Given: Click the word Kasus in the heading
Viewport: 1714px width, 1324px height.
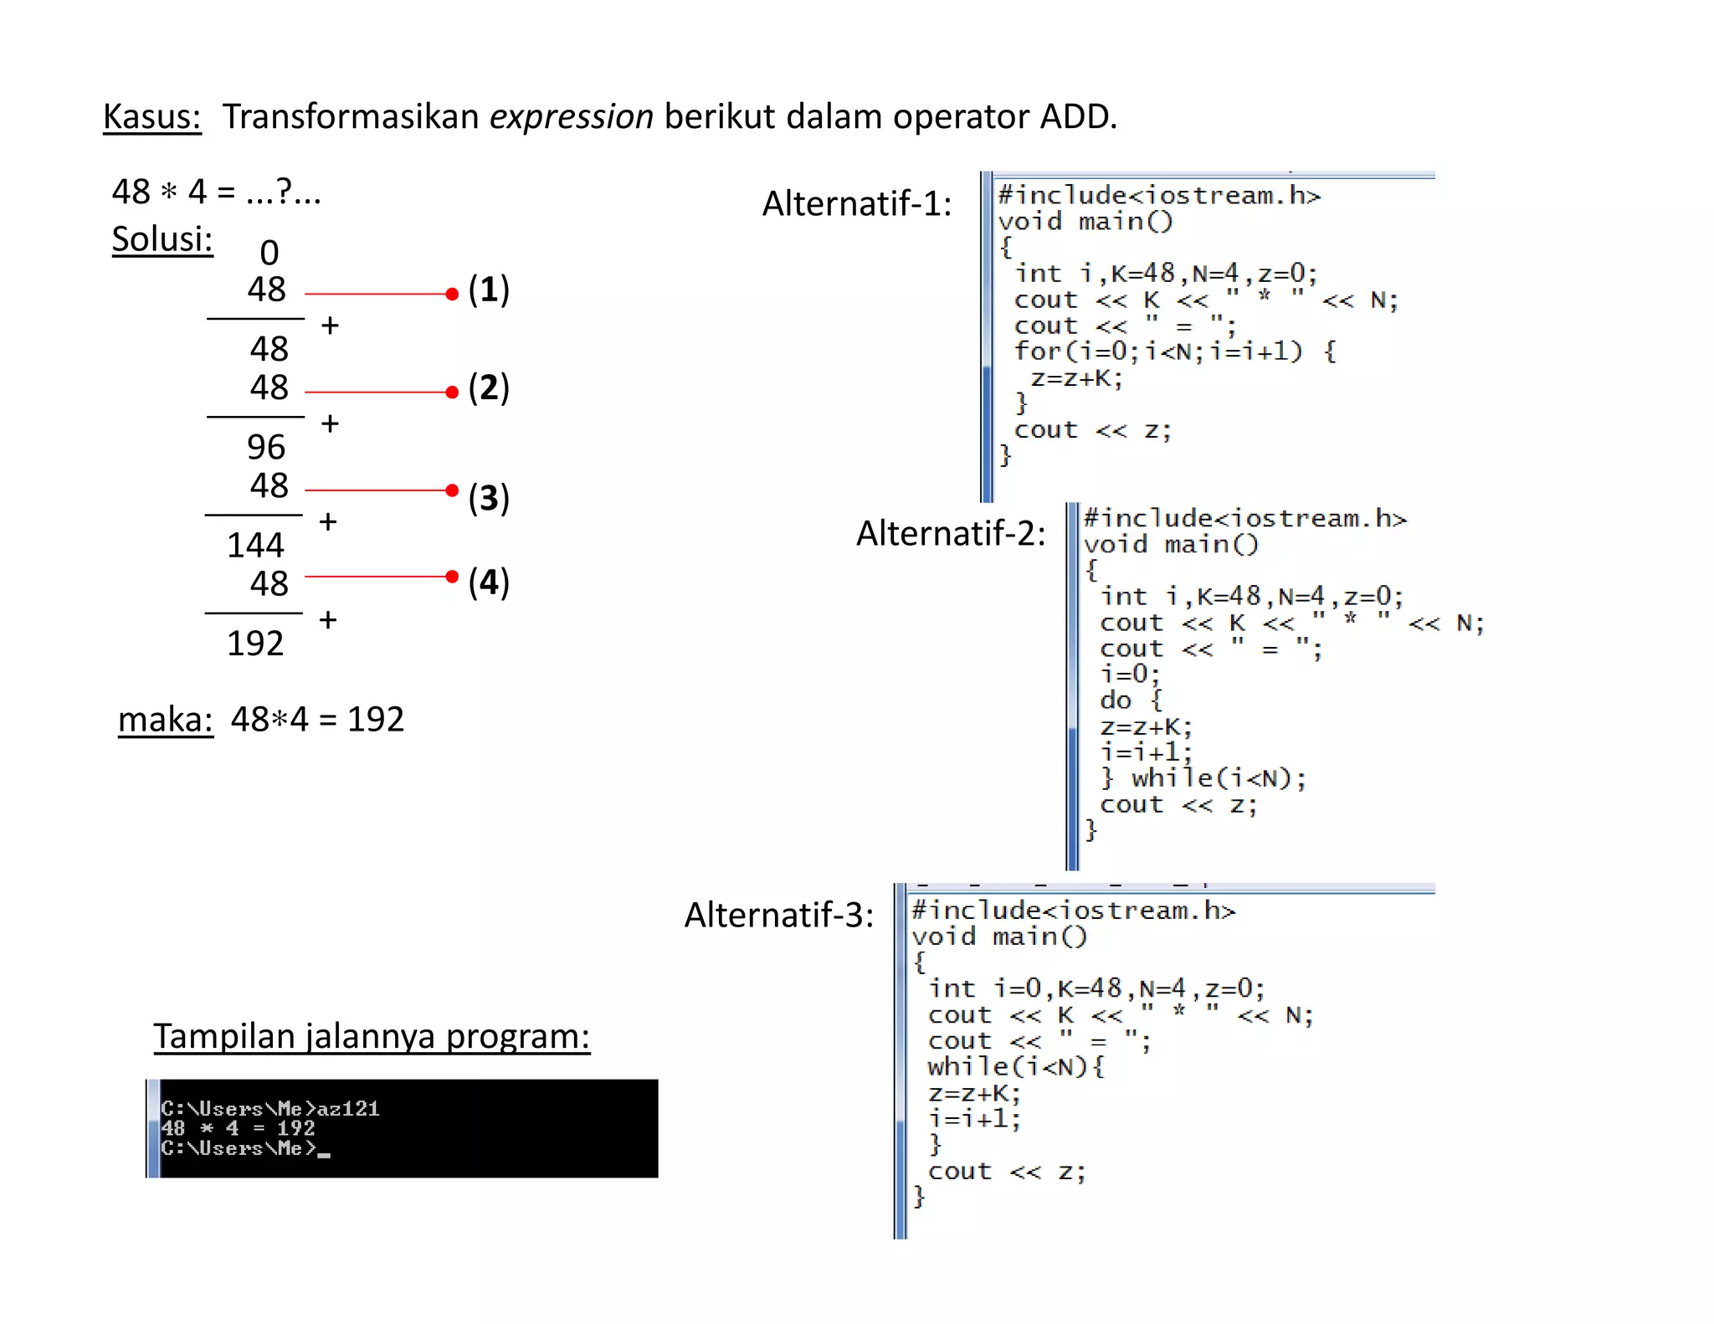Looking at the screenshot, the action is pos(151,116).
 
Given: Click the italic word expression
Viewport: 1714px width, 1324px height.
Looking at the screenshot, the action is pos(571,116).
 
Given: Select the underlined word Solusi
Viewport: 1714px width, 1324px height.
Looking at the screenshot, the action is pos(162,239).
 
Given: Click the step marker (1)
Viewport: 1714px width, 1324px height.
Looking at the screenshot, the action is pos(489,290).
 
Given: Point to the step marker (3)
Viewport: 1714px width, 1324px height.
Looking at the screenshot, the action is pos(489,497).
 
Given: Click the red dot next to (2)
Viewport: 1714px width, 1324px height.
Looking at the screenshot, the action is pos(452,392).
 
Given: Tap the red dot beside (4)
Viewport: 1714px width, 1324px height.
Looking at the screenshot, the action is pos(452,577).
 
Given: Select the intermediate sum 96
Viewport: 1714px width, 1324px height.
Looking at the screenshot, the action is pos(266,447).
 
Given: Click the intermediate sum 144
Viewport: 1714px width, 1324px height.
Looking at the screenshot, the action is pos(256,546).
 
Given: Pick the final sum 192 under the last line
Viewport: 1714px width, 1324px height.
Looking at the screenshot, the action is pos(256,644).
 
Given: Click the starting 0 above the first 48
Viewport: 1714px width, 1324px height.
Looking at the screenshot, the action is pos(269,253).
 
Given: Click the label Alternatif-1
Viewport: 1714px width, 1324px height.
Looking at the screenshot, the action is pos(857,203).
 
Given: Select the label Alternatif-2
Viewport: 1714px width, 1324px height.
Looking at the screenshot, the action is pos(951,533).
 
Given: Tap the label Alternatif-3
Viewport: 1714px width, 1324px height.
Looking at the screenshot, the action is pos(779,915).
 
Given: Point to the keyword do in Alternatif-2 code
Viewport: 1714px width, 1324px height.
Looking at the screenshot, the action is pos(1116,700).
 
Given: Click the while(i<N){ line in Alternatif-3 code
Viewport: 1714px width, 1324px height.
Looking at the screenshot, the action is pos(1016,1066).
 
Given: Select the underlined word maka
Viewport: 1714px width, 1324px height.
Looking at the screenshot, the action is pos(166,719).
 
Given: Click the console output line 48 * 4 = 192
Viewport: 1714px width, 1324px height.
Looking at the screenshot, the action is pos(238,1128).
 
